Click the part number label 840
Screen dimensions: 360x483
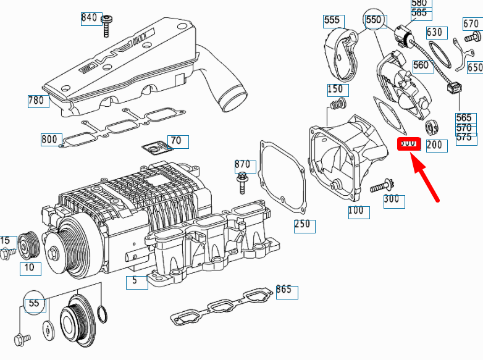coord(90,18)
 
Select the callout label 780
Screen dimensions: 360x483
coord(38,101)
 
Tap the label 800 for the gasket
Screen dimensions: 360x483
coord(51,139)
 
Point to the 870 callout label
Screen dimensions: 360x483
coord(243,165)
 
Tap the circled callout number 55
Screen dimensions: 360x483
coord(33,303)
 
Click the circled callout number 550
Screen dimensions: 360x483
coord(374,20)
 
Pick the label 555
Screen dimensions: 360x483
coord(332,21)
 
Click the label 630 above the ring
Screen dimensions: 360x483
coord(435,32)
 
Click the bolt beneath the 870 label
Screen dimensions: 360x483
coord(242,183)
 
